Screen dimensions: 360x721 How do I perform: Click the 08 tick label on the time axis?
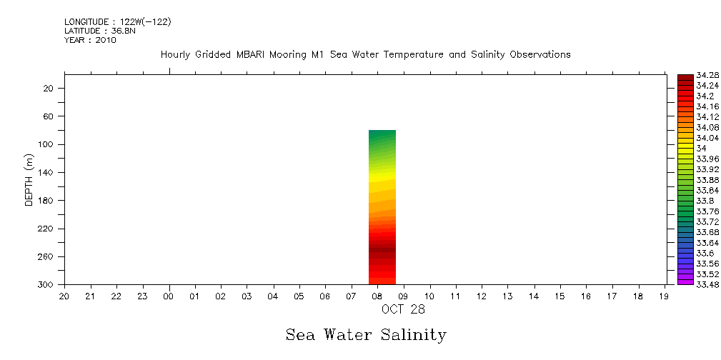(x=377, y=296)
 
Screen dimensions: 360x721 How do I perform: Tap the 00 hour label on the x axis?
(x=169, y=296)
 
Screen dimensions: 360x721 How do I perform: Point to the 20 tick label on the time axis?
(x=64, y=296)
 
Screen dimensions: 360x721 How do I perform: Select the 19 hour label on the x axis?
(x=665, y=296)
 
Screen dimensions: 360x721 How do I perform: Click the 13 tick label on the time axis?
(x=508, y=296)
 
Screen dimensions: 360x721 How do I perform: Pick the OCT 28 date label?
(x=403, y=309)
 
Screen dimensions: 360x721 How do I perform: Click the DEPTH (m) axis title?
(x=29, y=179)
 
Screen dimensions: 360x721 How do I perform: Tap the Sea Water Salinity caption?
(x=366, y=335)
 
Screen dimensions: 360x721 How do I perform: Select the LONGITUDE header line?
(x=117, y=22)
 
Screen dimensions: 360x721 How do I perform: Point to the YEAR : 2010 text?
(x=90, y=40)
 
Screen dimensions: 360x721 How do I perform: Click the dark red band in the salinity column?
(x=382, y=249)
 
